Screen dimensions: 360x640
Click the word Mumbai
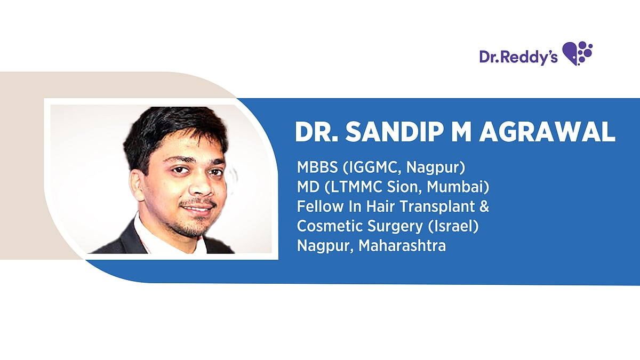(x=458, y=188)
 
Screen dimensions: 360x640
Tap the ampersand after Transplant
(x=484, y=207)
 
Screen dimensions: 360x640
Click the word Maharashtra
(x=402, y=246)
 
